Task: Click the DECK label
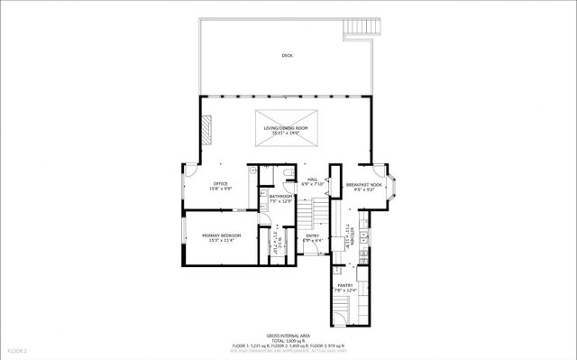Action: tap(287, 56)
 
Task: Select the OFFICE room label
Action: tap(196, 183)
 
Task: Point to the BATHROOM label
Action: tap(279, 196)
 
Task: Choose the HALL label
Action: tap(312, 179)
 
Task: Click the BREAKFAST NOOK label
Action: tap(363, 184)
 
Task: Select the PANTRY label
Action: tap(345, 284)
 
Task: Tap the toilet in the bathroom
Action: tap(284, 174)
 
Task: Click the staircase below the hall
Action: tap(312, 215)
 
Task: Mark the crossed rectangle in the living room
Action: tap(287, 122)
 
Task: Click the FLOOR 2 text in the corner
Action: tap(19, 350)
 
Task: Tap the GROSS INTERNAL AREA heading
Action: tap(286, 333)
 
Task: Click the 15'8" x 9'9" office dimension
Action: tap(196, 189)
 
